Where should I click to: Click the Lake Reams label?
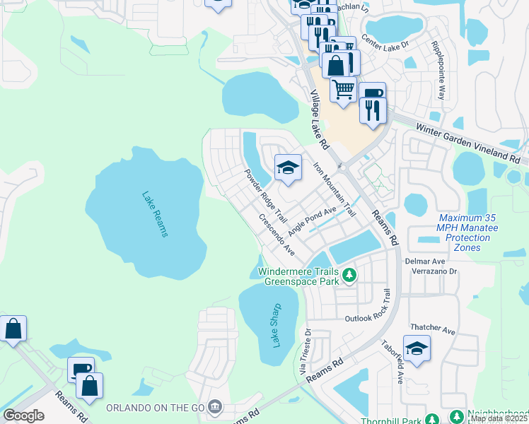click(154, 214)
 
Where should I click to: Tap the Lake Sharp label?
click(277, 325)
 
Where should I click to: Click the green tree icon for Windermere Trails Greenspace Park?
click(348, 274)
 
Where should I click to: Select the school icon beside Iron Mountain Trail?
click(288, 168)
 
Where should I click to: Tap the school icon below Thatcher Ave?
click(417, 349)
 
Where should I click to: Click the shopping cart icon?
click(343, 90)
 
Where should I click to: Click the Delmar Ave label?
click(424, 261)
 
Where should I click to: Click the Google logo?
click(23, 416)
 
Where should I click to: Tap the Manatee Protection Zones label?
click(467, 232)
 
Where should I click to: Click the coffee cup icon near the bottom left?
click(81, 370)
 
